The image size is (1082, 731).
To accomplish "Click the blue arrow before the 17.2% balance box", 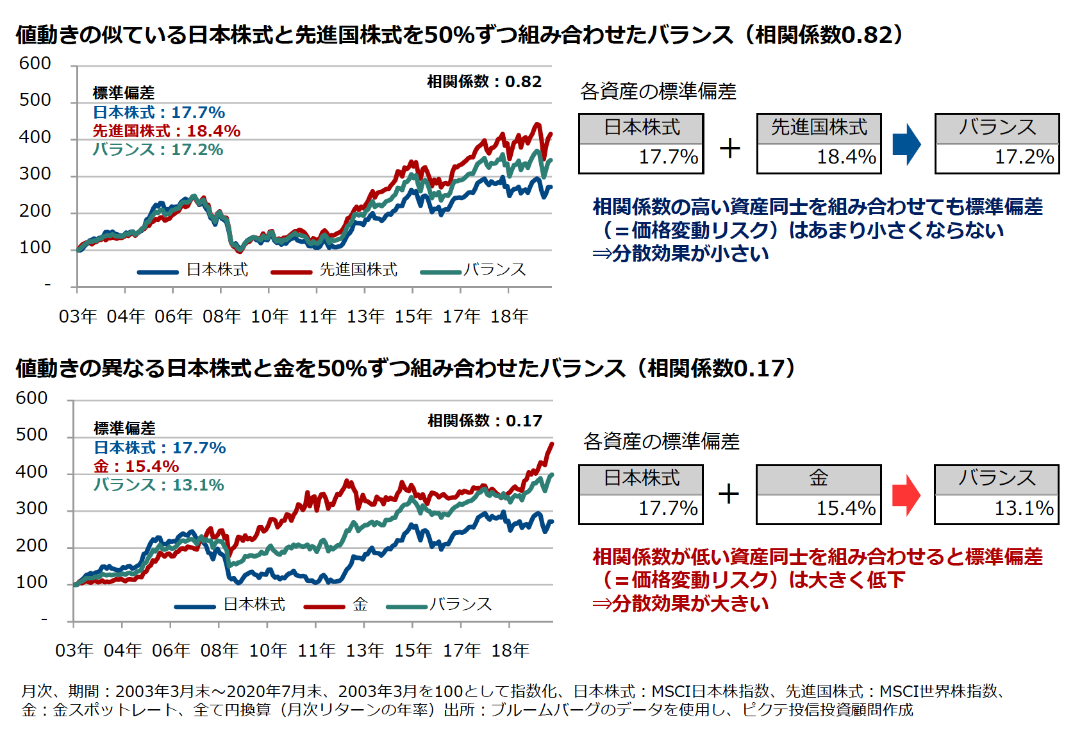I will [x=906, y=144].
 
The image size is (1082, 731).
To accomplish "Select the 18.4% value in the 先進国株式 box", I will [x=846, y=157].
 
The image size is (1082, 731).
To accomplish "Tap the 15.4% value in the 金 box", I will [x=845, y=508].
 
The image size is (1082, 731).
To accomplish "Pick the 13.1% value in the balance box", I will [x=1024, y=508].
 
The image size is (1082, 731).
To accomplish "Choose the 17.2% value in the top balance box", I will [x=1024, y=157].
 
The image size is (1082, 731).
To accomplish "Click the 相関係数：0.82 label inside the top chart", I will [x=484, y=82].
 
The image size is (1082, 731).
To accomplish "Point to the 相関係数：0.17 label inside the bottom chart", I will [x=485, y=421].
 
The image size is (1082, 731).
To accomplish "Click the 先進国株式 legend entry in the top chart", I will [x=358, y=270].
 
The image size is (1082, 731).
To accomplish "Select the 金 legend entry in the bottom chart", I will [x=360, y=605].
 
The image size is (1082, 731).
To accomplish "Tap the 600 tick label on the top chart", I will [x=35, y=63].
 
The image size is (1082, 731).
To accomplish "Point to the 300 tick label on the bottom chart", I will [x=32, y=508].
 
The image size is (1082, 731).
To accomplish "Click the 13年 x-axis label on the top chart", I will [x=365, y=317].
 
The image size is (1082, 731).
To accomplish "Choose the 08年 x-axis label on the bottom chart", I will [x=219, y=651].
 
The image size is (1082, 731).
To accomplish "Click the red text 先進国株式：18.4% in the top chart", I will [x=166, y=131].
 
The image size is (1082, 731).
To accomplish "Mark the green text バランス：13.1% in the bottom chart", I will [x=159, y=485].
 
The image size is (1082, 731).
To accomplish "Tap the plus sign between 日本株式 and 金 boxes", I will [x=729, y=494].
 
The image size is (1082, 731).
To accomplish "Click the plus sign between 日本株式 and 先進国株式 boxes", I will [x=729, y=148].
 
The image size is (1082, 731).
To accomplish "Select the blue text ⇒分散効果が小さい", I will [x=680, y=254].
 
